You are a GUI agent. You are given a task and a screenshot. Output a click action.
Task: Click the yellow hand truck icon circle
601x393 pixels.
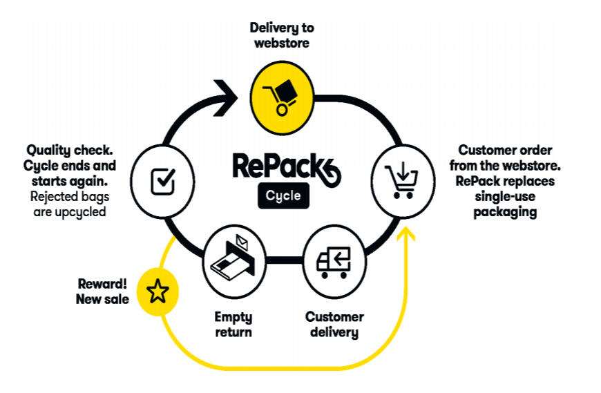pos(282,95)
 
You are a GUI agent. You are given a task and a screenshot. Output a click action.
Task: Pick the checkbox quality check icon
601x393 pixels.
pos(162,181)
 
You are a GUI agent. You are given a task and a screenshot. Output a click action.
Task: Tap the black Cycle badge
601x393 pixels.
pos(284,195)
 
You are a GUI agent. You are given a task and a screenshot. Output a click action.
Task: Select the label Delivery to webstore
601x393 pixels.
pos(282,35)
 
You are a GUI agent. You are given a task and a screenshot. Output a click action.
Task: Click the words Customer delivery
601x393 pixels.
pos(334,325)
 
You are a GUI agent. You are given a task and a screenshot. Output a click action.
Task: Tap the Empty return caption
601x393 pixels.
pos(233,325)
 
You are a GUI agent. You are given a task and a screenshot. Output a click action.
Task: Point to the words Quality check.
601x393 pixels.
pos(71,150)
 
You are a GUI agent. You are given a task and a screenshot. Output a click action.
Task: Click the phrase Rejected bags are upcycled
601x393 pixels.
pos(70,204)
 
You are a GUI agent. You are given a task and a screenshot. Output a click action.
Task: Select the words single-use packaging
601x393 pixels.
pos(505,204)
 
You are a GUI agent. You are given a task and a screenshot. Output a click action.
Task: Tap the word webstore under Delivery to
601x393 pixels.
pos(282,43)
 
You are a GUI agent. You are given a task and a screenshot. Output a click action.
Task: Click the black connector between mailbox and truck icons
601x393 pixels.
pos(284,260)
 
